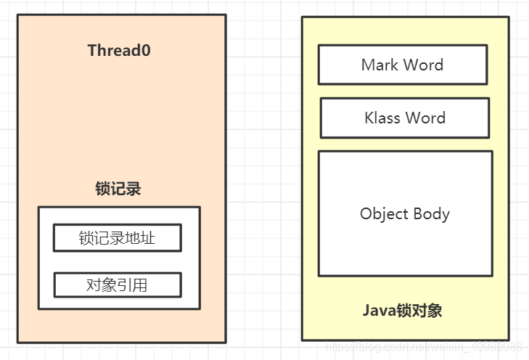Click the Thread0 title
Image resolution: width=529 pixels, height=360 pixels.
[119, 51]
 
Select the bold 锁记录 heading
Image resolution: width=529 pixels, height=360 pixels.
[118, 189]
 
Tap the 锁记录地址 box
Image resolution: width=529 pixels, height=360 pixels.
[117, 238]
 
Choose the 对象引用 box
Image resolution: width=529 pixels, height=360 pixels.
[117, 285]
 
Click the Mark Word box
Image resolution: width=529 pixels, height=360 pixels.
[402, 65]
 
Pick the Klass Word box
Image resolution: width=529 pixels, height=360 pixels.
[404, 118]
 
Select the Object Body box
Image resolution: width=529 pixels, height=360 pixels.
[405, 213]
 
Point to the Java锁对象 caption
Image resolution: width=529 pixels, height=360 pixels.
[402, 311]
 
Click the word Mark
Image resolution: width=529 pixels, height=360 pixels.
[380, 65]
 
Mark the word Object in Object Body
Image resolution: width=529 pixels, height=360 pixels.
[383, 214]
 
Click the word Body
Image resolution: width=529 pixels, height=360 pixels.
[431, 214]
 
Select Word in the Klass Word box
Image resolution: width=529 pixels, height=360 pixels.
[427, 118]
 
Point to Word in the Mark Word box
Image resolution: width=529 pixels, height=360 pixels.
[423, 65]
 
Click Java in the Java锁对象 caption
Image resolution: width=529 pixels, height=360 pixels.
[378, 311]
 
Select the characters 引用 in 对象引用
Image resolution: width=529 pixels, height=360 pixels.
[133, 285]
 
